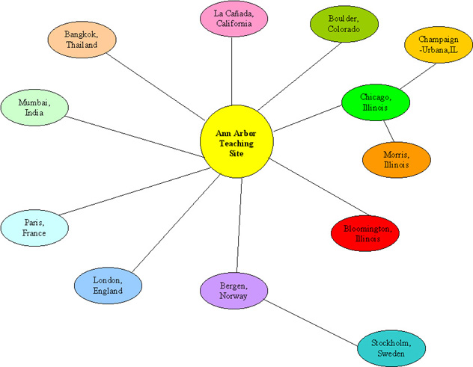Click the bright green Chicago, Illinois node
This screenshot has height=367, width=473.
(375, 102)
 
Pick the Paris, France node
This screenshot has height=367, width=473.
(34, 227)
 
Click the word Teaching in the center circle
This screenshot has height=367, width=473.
(236, 144)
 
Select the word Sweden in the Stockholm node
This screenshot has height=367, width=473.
(388, 354)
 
